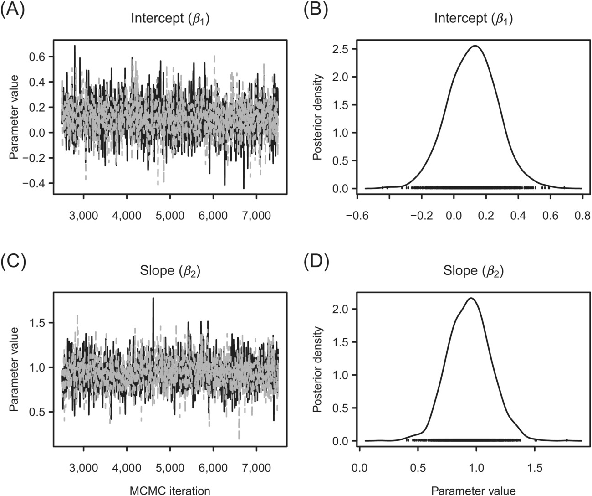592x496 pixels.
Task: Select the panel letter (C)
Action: click(12, 263)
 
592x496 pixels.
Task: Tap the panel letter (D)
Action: click(316, 263)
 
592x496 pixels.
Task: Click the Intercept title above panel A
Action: click(170, 19)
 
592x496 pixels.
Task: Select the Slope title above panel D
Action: click(474, 271)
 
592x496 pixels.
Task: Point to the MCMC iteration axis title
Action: click(170, 491)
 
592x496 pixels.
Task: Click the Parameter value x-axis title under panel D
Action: click(474, 491)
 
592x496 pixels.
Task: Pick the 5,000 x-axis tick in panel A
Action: click(170, 215)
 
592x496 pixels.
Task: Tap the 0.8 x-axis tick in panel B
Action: click(582, 216)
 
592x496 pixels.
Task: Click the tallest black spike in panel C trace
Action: click(153, 298)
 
